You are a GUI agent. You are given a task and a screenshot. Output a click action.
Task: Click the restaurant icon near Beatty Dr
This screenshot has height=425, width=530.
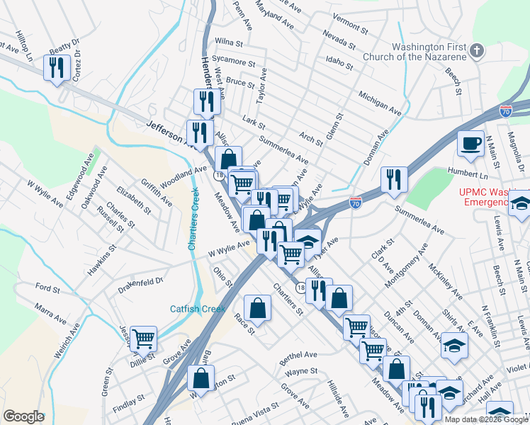coord(56,68)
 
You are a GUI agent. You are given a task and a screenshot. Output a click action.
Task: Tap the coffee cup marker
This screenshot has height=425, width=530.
coord(470,144)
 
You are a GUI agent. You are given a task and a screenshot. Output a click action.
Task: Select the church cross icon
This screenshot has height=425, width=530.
coord(478,51)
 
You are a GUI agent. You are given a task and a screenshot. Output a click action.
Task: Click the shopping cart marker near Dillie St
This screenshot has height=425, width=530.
coord(143,339)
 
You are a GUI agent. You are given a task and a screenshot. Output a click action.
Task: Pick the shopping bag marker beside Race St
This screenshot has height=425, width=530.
coord(257,308)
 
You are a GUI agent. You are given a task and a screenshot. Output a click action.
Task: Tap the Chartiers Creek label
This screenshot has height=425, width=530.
coord(192,220)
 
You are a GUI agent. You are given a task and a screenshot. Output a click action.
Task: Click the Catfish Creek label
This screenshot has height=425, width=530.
coord(197,309)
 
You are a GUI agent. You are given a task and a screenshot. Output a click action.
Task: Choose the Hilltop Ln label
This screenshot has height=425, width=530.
coord(25,47)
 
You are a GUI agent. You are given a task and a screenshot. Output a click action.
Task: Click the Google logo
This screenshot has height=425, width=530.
coord(23,416)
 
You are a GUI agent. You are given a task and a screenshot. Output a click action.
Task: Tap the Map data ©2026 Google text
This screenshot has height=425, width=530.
coord(486,419)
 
